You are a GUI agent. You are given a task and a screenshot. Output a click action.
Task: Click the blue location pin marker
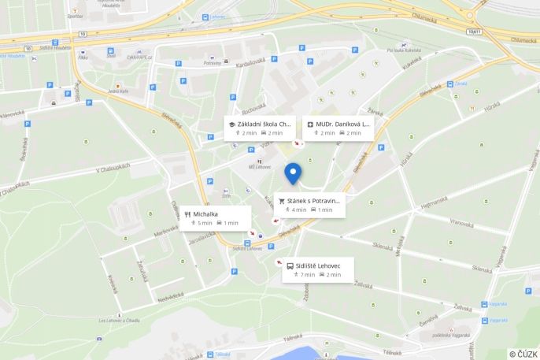click(293, 173)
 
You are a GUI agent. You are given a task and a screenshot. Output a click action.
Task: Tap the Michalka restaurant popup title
click(206, 213)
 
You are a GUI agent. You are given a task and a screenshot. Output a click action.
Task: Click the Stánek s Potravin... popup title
click(313, 201)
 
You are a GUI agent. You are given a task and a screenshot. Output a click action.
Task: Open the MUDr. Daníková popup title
click(342, 124)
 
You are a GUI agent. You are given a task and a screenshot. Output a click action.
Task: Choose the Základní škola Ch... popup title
click(264, 124)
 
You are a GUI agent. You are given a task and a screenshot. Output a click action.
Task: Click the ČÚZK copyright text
click(523, 354)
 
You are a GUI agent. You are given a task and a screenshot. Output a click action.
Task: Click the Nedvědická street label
click(171, 298)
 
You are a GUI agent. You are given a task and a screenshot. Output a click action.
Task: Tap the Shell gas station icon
click(111, 52)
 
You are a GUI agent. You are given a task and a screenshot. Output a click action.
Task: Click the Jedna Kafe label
click(119, 91)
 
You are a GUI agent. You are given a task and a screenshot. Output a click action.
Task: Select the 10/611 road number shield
click(472, 32)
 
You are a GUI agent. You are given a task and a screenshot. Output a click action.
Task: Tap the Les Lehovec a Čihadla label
click(119, 321)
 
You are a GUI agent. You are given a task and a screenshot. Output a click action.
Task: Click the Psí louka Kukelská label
click(404, 50)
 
